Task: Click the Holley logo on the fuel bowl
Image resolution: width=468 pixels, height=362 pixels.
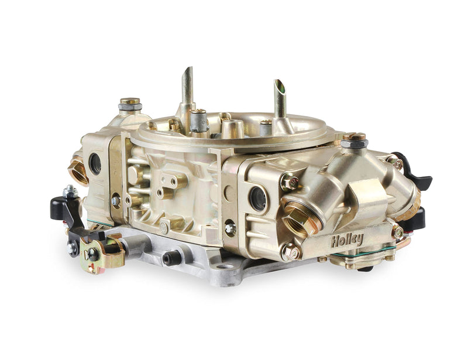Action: coord(347,240)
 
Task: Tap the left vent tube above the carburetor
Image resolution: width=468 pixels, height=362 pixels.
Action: coord(188,88)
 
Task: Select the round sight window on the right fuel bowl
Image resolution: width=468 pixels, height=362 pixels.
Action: coord(257,199)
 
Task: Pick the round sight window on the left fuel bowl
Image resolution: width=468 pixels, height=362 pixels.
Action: coord(94,163)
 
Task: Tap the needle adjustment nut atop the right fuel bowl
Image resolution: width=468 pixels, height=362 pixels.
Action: coord(353,140)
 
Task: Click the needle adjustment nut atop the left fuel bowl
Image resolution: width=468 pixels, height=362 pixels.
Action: coord(130,104)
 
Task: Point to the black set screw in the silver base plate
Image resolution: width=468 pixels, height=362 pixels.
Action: coord(171,258)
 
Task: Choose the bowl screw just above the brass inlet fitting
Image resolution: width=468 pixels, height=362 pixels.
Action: coord(288,182)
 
